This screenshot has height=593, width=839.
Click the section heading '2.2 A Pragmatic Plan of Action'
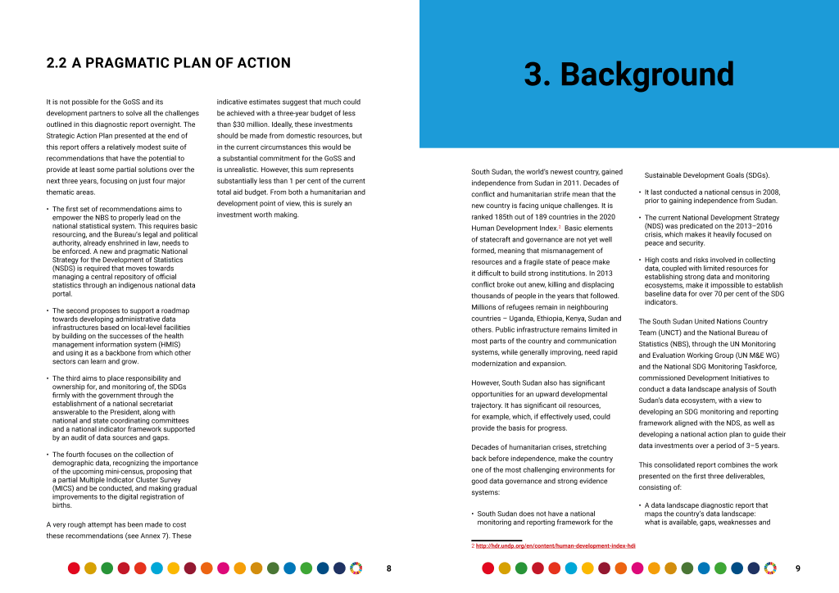pyautogui.click(x=168, y=63)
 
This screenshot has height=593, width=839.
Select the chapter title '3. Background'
pyautogui.click(x=628, y=75)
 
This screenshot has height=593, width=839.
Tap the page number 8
pyautogui.click(x=388, y=568)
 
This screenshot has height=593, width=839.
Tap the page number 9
pyautogui.click(x=798, y=568)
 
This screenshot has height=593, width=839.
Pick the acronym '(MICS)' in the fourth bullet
pyautogui.click(x=64, y=488)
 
